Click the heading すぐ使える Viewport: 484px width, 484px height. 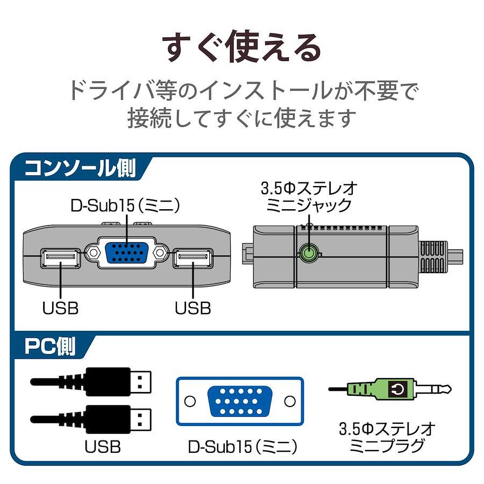pos(242,48)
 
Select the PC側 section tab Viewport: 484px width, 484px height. pos(50,346)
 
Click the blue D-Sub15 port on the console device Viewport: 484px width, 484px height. pos(127,252)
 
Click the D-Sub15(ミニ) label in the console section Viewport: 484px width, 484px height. pos(125,205)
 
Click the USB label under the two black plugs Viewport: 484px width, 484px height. pos(102,446)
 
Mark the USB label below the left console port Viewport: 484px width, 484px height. pos(60,308)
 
